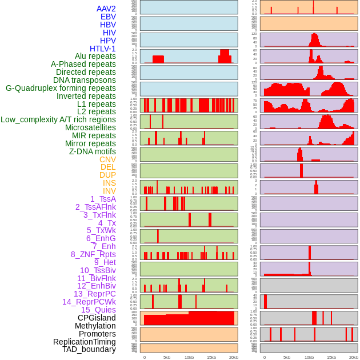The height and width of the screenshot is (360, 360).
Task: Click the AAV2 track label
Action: pos(106,9)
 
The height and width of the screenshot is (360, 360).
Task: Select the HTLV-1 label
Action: pos(102,49)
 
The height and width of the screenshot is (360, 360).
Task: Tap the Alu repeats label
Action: pos(95,57)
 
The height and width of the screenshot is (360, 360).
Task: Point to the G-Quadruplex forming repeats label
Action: pos(61,88)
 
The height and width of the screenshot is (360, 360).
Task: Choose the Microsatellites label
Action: pos(90,128)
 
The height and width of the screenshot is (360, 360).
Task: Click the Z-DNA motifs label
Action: pos(92,151)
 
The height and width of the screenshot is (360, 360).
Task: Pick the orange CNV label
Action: pos(107,159)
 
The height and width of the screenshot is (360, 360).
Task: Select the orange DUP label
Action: pos(107,175)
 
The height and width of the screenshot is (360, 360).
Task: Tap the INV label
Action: pos(109,191)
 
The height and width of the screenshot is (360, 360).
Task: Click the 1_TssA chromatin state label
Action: pos(103,199)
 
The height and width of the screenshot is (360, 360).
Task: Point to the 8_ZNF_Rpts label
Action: pos(93,254)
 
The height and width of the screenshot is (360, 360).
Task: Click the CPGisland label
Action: pos(97,318)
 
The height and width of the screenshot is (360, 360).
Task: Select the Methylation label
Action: pos(95,326)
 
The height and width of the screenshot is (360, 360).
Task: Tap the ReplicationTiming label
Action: pos(84,342)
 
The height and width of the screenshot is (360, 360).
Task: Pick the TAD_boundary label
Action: pos(89,349)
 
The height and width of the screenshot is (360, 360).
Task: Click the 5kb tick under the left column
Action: pos(166,357)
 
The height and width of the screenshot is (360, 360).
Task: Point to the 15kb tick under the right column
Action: pos(331,357)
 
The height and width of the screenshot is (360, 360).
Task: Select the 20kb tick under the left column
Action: pos(233,357)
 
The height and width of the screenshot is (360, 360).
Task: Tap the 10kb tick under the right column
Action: pos(309,357)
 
